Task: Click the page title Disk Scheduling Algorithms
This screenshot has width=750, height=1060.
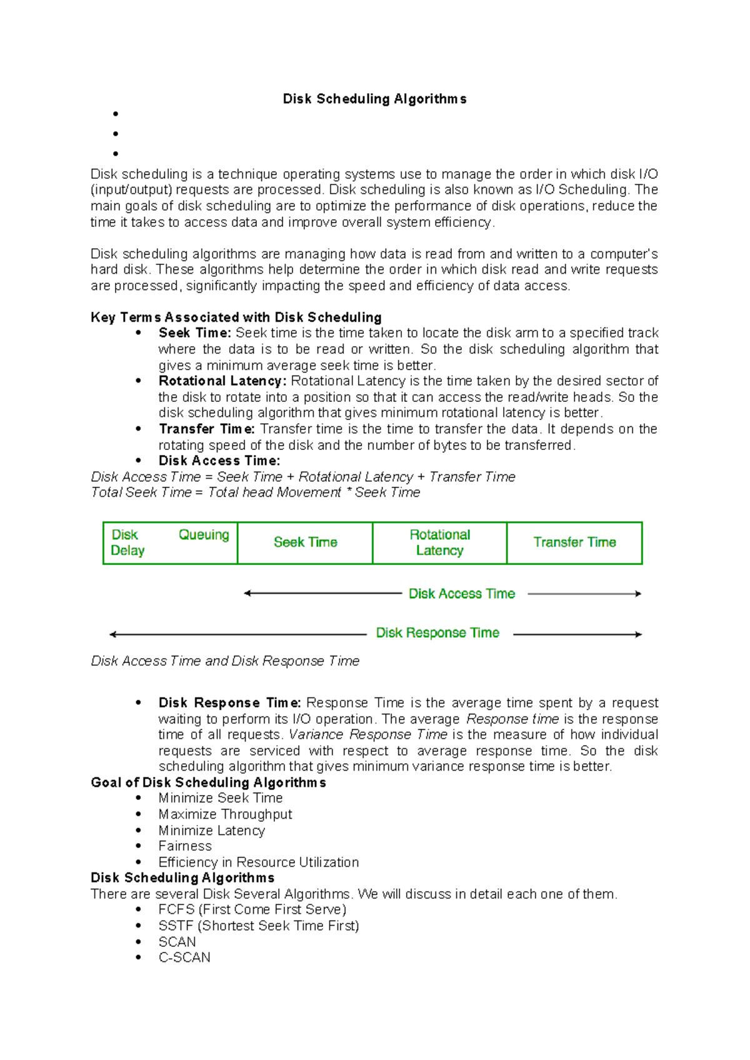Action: (374, 99)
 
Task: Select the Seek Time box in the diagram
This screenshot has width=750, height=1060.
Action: (305, 542)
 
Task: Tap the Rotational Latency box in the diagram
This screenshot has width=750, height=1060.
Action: (439, 542)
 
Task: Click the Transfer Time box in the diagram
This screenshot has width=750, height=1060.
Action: (574, 542)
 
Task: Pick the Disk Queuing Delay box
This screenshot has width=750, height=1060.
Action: (170, 542)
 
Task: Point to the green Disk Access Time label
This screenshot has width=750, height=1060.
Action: (461, 594)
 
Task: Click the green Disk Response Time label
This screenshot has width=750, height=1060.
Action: (437, 633)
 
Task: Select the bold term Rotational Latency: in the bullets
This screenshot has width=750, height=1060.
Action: (222, 381)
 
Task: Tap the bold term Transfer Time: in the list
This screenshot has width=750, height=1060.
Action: (206, 429)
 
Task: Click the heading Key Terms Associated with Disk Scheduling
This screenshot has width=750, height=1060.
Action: (236, 317)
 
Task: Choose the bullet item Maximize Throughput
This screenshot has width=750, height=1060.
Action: (225, 814)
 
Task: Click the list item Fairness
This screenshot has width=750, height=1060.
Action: (185, 846)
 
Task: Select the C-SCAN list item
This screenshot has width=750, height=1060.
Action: (184, 957)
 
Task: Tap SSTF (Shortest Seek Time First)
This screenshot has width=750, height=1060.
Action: (259, 926)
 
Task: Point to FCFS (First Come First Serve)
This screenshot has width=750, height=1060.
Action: (252, 909)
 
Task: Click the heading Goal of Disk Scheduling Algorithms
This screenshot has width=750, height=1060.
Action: (208, 782)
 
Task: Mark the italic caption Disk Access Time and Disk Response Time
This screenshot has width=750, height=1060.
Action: (225, 661)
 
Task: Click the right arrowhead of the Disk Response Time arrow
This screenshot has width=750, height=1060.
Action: (638, 634)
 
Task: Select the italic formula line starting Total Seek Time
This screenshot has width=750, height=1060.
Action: (255, 492)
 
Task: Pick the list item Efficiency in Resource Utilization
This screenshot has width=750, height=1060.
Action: (258, 862)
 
